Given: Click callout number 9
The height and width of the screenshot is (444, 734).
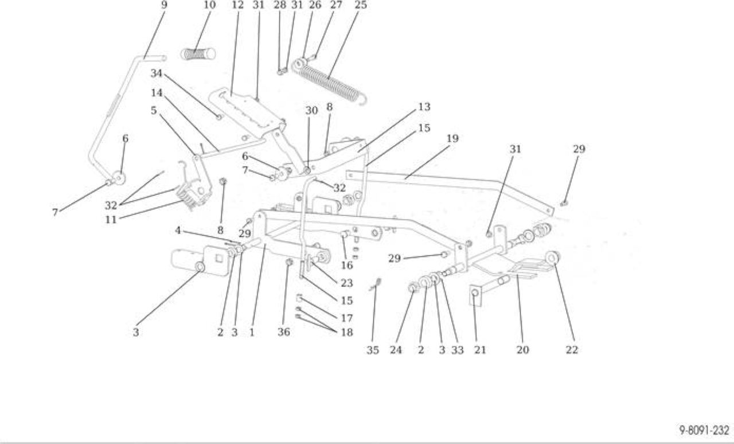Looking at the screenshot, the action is click(x=164, y=5).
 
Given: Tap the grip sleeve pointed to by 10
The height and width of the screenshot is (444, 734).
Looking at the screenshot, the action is click(x=198, y=54).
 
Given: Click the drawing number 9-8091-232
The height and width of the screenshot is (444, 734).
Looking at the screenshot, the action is click(x=704, y=430).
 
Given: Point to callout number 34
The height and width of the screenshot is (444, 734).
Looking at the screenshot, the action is click(x=157, y=73).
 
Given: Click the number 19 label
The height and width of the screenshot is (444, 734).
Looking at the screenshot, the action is click(x=452, y=138).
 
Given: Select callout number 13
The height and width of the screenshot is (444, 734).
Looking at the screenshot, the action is click(x=424, y=107).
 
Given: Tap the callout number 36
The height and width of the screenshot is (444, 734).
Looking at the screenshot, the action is click(x=284, y=332).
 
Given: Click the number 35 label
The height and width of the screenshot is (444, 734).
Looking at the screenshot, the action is click(x=373, y=350).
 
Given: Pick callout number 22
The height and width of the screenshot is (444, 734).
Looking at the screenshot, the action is click(x=572, y=350).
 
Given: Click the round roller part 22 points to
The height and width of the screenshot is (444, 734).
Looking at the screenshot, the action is click(x=553, y=257).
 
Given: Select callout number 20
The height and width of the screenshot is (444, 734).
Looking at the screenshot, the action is click(x=522, y=350).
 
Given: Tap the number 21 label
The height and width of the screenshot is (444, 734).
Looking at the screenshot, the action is click(x=480, y=350).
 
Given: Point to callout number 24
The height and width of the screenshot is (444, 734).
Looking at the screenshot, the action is click(x=396, y=350).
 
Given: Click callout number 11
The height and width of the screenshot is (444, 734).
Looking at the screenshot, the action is click(x=111, y=220).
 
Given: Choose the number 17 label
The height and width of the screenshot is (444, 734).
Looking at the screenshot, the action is click(x=347, y=318).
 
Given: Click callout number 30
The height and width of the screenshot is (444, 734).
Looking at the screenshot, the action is click(x=311, y=111).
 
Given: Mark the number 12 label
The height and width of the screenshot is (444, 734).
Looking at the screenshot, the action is click(x=238, y=5).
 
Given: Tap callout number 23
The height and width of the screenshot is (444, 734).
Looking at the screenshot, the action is click(x=347, y=283).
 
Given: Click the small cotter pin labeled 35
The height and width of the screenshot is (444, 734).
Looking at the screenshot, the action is click(x=376, y=285).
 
